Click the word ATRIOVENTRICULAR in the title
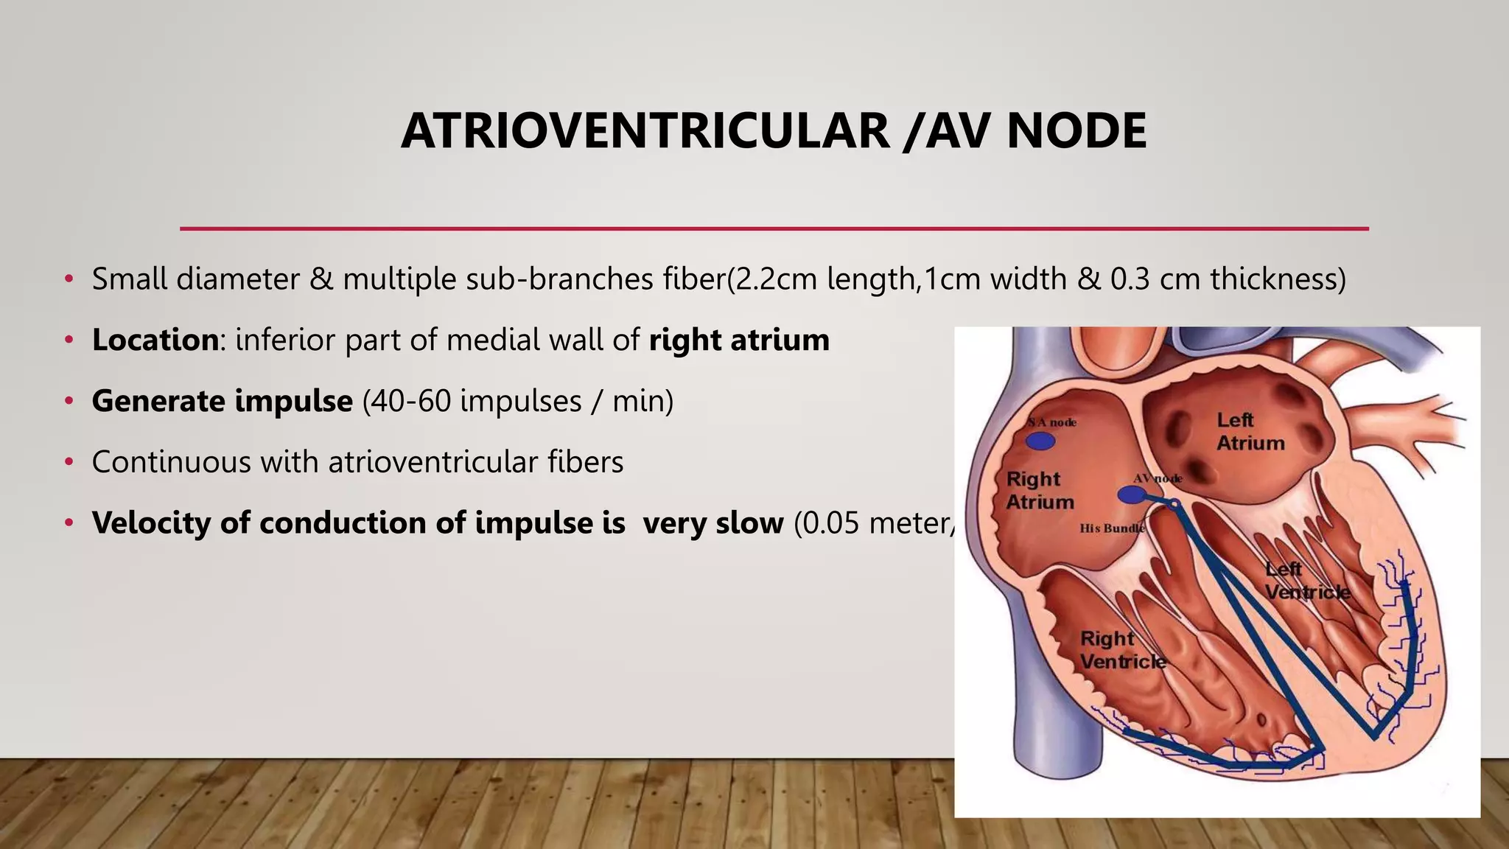click(645, 131)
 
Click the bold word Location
click(155, 340)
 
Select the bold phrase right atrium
click(739, 340)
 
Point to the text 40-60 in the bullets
click(408, 401)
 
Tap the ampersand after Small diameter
click(321, 279)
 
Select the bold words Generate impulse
click(222, 401)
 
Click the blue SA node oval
click(1040, 441)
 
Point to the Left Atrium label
click(1250, 431)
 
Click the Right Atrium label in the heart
click(1040, 490)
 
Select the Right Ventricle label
click(1122, 649)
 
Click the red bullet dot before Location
click(69, 340)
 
